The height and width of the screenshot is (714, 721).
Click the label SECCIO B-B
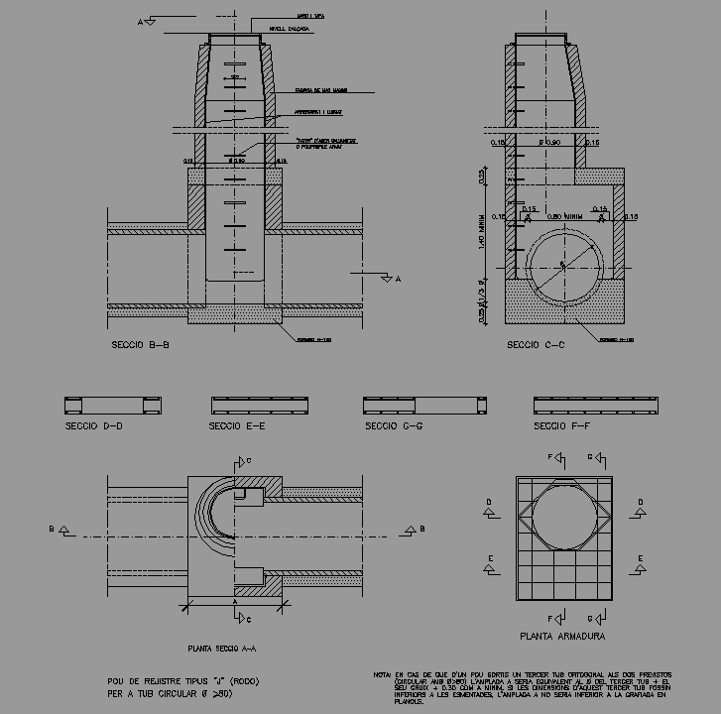click(x=142, y=347)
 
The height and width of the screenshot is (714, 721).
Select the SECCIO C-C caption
click(x=536, y=345)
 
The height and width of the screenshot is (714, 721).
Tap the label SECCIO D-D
click(x=93, y=426)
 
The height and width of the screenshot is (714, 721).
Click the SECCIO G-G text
click(x=394, y=426)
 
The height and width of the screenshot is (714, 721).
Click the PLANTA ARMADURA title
click(x=562, y=636)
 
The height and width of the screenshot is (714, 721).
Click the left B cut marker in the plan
click(x=59, y=530)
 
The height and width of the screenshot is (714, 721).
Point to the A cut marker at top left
click(x=147, y=20)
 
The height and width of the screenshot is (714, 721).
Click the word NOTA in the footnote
click(x=382, y=674)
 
